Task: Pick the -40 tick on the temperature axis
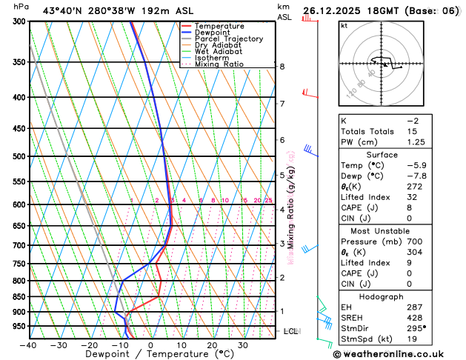29,344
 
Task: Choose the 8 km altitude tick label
282,67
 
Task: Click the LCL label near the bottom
290,331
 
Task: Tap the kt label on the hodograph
344,25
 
